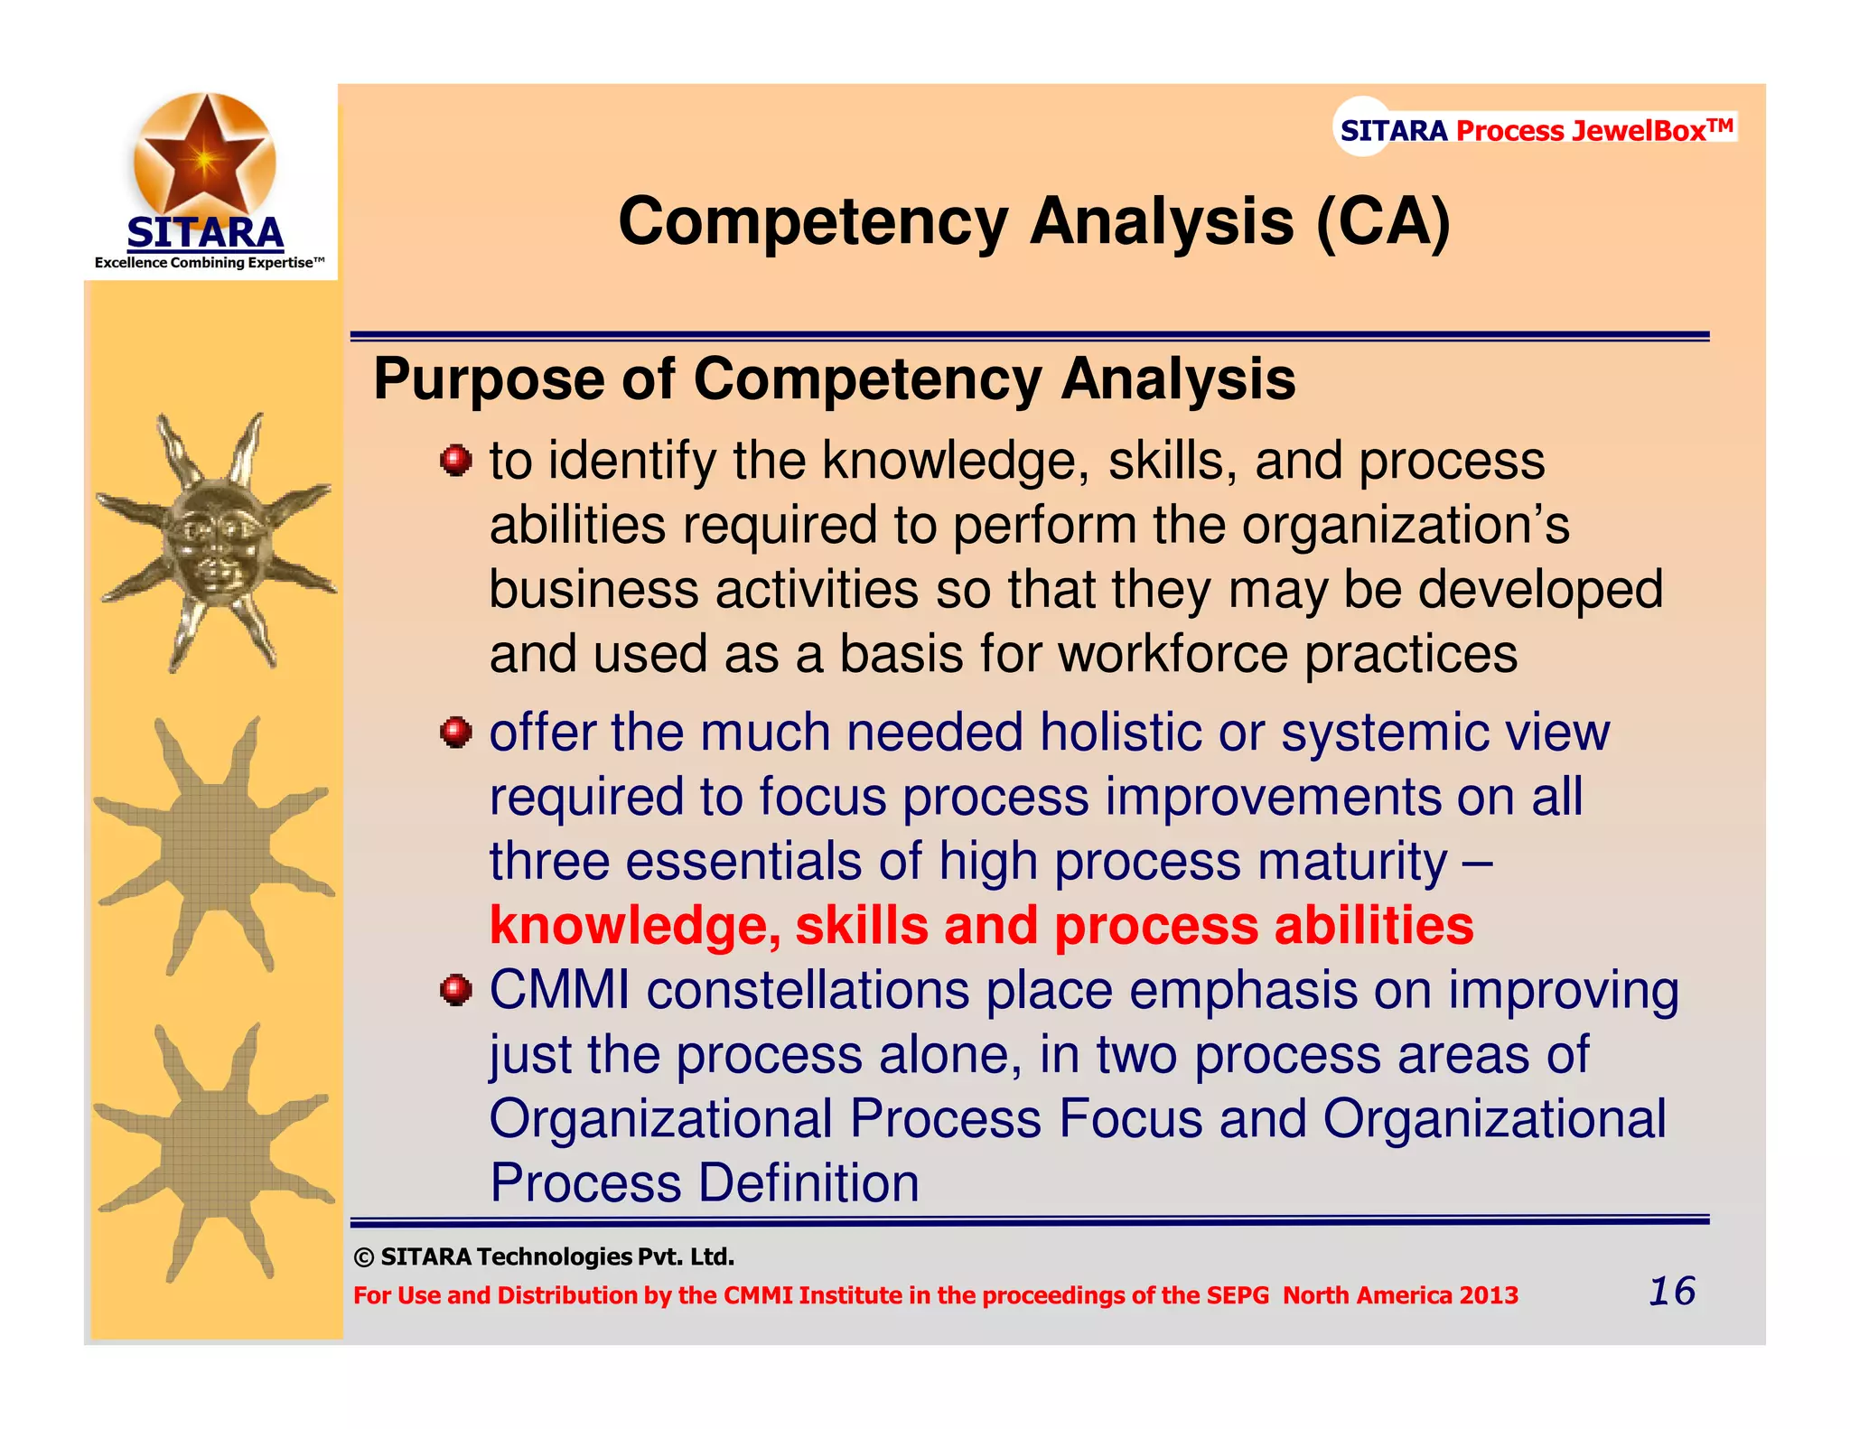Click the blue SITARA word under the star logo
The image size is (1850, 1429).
205,233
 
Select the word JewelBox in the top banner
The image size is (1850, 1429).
1638,130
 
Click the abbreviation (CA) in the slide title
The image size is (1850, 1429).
1383,221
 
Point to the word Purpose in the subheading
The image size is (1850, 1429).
489,378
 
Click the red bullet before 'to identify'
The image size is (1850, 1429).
456,461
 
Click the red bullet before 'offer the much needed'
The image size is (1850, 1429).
456,732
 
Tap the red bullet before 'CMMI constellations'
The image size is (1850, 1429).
456,990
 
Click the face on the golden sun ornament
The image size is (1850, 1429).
215,545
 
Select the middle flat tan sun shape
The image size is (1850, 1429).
215,847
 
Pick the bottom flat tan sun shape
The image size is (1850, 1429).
215,1153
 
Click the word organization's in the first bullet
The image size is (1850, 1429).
1406,526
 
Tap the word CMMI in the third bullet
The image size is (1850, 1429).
559,990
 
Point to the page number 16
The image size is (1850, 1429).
1671,1292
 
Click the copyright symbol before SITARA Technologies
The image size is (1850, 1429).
363,1257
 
